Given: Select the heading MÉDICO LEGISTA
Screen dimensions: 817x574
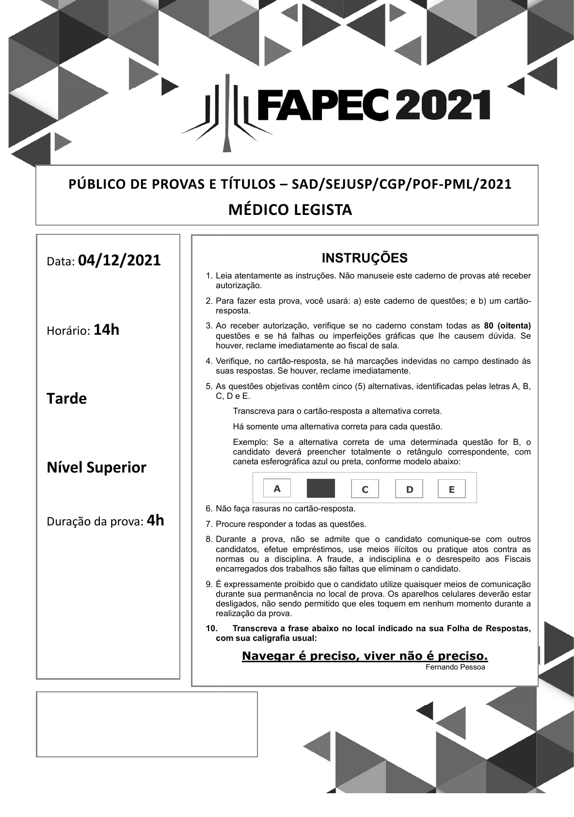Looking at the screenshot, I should pos(290,210).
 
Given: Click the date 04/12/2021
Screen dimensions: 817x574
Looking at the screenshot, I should pos(119,261).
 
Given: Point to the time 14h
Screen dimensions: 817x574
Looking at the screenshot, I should pos(106,330).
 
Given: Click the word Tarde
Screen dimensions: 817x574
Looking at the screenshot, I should pos(67,399).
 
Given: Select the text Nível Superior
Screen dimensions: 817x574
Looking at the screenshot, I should pos(96,468).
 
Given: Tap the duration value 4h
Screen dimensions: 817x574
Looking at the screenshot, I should pos(155,521).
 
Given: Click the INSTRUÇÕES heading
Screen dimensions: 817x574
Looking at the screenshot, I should pos(365,258).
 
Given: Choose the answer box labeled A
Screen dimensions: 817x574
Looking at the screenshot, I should pos(277,489).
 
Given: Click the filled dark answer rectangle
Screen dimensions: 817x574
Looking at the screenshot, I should pos(320,489).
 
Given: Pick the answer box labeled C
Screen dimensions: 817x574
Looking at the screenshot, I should pos(365,489).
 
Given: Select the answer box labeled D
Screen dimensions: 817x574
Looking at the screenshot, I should pos(409,489).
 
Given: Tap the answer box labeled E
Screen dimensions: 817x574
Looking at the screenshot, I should pos(451,489).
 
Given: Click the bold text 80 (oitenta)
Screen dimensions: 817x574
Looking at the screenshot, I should pos(508,326).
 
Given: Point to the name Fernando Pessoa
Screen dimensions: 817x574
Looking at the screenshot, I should pos(455,667).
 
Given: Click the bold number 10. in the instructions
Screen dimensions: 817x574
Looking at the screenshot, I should pos(211,628).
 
